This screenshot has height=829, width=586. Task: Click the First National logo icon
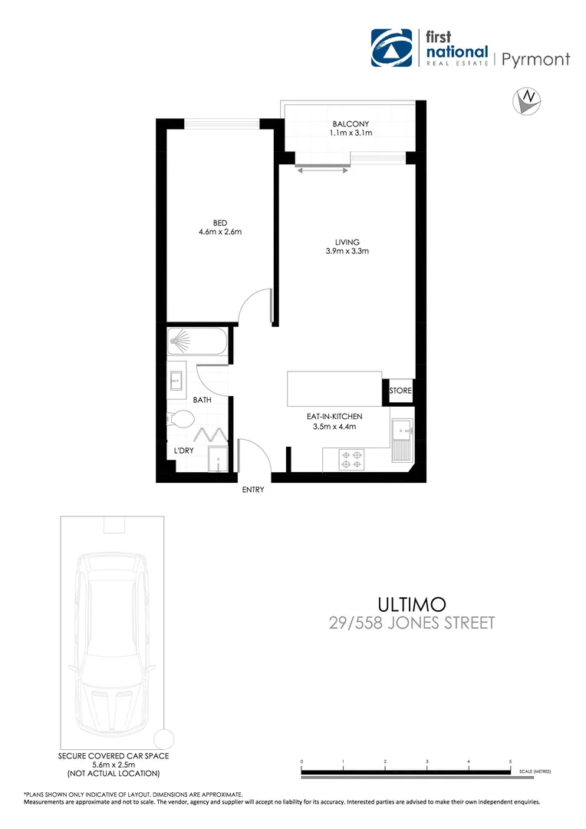pyautogui.click(x=391, y=48)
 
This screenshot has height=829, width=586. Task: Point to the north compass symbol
pyautogui.click(x=527, y=101)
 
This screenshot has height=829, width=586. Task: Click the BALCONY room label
pyautogui.click(x=351, y=124)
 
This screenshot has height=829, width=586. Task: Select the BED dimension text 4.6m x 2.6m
pyautogui.click(x=220, y=232)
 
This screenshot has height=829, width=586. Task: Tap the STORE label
pyautogui.click(x=400, y=391)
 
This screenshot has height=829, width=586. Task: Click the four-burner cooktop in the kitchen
pyautogui.click(x=351, y=459)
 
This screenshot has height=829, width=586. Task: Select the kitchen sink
pyautogui.click(x=402, y=441)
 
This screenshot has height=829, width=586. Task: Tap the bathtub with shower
pyautogui.click(x=198, y=342)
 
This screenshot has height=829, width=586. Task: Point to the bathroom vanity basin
pyautogui.click(x=176, y=379)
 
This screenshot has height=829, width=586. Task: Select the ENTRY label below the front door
pyautogui.click(x=252, y=490)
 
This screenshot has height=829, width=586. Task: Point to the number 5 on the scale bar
pyautogui.click(x=510, y=762)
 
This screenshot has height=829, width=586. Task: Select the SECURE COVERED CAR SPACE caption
pyautogui.click(x=113, y=755)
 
